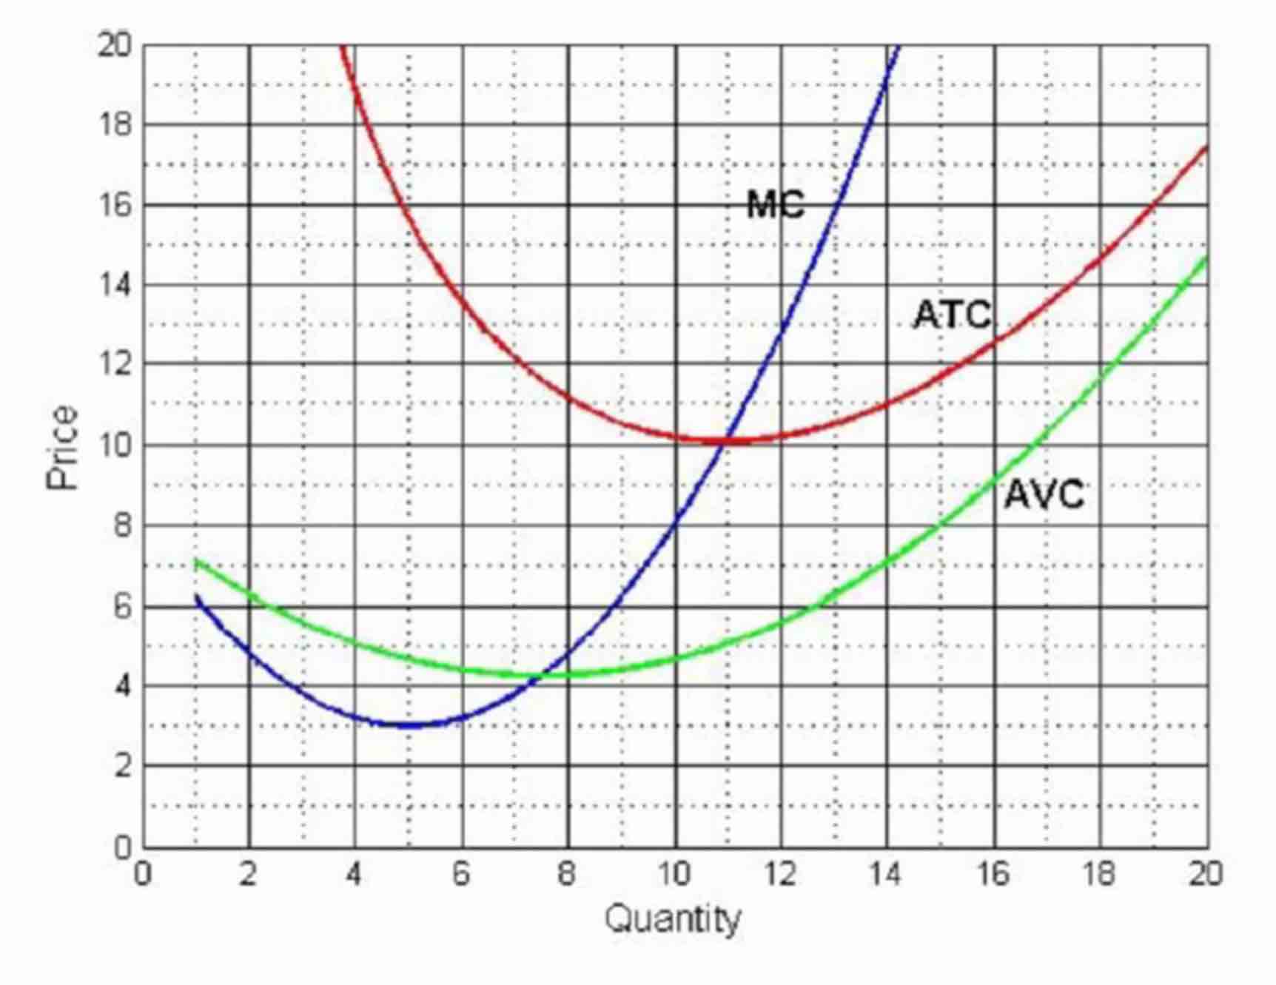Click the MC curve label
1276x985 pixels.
(775, 204)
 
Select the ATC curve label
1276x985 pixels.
(953, 315)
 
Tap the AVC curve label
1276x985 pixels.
(1044, 494)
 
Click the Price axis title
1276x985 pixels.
(62, 447)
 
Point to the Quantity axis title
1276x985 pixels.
(673, 920)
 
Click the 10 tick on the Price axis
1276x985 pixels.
(115, 446)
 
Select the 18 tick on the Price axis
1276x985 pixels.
(115, 124)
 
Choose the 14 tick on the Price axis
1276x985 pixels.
(115, 285)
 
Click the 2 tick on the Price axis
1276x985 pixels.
(122, 766)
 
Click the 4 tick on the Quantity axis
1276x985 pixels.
(355, 875)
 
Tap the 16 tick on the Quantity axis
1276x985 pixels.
(993, 875)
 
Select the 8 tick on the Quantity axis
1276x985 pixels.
(567, 875)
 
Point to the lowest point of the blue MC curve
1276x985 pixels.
(409, 725)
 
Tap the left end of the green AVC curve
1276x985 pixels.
(196, 562)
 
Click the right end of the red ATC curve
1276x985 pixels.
(1207, 147)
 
